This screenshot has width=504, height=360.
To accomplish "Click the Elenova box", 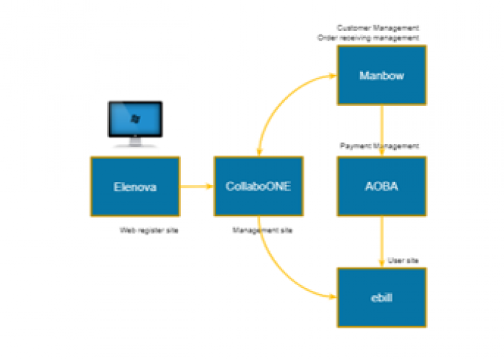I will coord(135,186).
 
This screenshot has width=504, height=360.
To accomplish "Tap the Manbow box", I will coord(382,75).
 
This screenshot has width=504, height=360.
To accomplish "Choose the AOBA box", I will coord(382,186).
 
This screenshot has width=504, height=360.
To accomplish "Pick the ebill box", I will coord(382,297).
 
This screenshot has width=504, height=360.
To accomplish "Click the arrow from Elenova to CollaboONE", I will coord(197,186).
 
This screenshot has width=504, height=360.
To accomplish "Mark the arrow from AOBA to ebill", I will coord(382,241).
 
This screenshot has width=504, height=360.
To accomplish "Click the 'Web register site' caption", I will coord(149,230).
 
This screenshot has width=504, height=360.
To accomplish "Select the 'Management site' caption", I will coord(262,230).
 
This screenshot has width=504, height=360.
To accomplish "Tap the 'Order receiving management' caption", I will coord(368,37).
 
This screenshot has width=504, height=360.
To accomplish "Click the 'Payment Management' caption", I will coord(379,146).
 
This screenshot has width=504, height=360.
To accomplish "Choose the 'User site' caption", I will coord(403,260).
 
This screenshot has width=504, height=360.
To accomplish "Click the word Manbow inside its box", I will coord(382,75).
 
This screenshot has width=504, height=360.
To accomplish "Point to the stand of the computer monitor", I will coord(135,143).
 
